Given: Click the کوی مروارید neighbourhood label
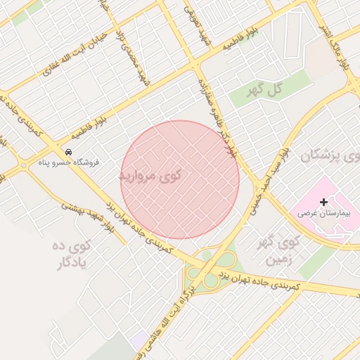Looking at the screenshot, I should [x=150, y=174].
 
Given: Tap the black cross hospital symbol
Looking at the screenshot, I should [x=323, y=202].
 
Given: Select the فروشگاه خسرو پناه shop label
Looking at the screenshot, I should [x=68, y=162].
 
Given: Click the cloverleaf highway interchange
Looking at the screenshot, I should [x=207, y=270].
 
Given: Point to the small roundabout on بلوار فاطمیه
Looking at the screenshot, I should [x=24, y=166].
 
